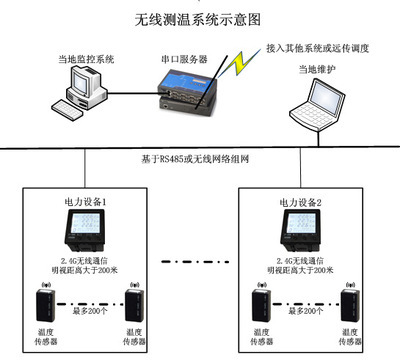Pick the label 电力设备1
click(86, 202)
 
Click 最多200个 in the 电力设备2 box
click(303, 312)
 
